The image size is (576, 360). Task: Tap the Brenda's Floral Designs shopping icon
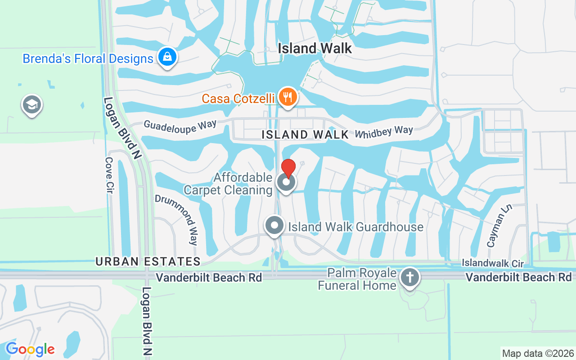coord(167,57)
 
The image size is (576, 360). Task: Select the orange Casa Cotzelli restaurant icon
coord(287,97)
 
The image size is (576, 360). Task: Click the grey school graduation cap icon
coord(31,105)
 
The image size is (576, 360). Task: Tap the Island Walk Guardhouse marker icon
coord(274,225)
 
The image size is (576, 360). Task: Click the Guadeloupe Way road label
coord(180,126)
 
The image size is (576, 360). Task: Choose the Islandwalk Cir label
coord(493,262)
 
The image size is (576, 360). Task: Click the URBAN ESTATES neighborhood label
coord(148,261)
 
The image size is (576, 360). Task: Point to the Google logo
coord(30,349)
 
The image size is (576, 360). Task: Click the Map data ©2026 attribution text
coord(538,353)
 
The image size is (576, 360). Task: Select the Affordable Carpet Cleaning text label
coord(228,184)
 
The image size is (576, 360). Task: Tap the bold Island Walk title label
coord(315,48)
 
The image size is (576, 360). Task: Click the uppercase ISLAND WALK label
coord(305,135)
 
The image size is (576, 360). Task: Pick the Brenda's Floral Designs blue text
coord(88,59)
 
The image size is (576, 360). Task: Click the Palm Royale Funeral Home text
coord(357,279)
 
